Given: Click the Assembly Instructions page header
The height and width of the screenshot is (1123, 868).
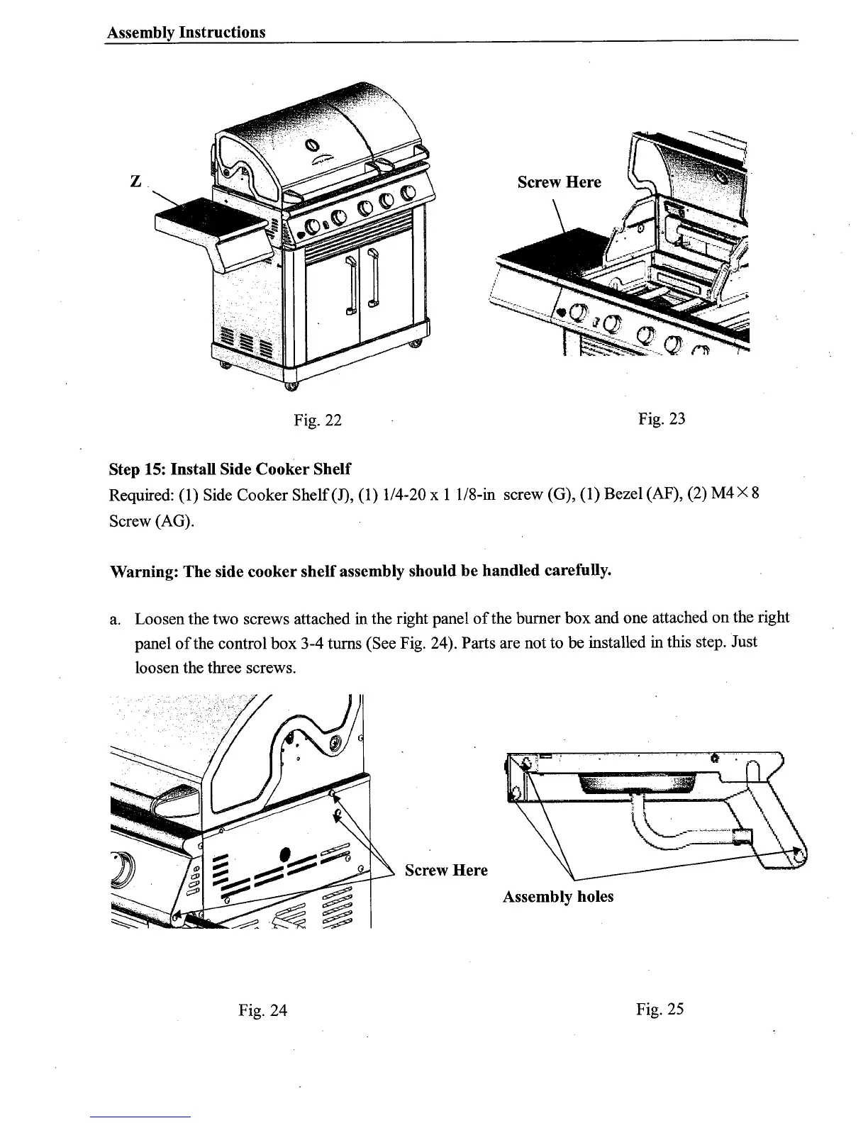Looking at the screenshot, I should pos(186,33).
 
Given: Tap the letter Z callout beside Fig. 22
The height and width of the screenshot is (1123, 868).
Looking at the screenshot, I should pos(134,181).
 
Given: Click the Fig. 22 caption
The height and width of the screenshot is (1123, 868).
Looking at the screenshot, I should pos(318,420).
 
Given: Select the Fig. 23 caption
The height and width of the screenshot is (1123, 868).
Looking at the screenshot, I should pos(662,419).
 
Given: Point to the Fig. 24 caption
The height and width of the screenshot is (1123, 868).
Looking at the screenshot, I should pos(263,1010).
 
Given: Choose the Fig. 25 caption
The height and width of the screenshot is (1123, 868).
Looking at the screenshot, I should pos(660,1009).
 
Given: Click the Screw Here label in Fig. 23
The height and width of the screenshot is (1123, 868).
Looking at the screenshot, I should pos(559,182).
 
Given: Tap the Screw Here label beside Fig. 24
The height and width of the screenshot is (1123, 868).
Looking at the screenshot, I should pos(446,871).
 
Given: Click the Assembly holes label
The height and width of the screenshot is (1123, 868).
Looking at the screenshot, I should pos(558,897).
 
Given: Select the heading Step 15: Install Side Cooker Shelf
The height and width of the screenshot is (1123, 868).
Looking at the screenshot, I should pos(230,469).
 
